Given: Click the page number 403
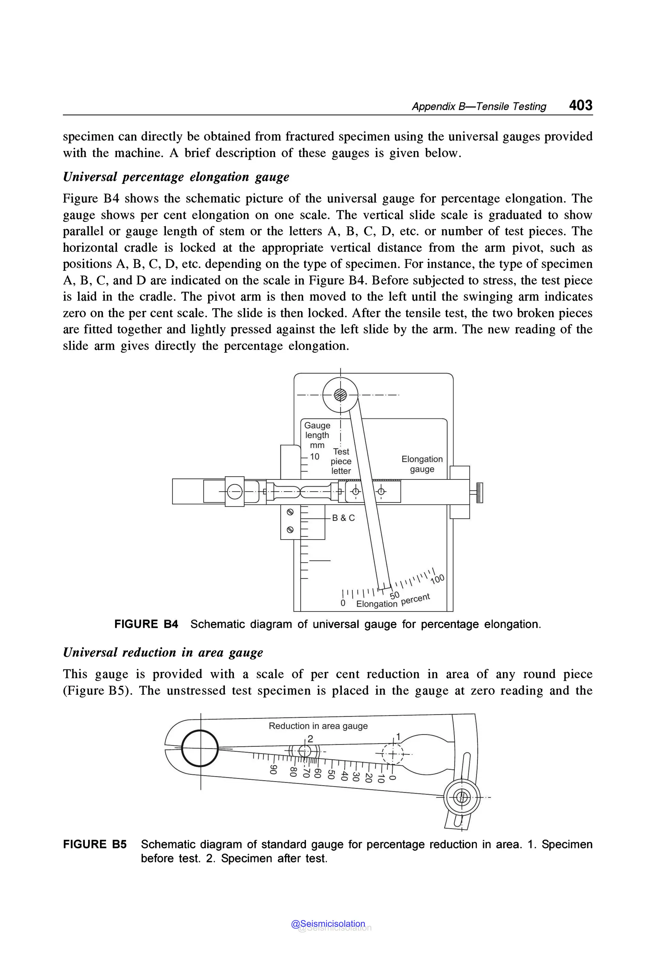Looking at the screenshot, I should (580, 105).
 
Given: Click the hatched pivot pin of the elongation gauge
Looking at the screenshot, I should (340, 394).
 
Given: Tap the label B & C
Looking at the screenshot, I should (343, 518).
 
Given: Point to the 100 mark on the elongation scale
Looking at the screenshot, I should (437, 579).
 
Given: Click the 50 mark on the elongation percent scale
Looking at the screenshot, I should (395, 595).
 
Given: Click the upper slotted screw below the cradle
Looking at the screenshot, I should (290, 512).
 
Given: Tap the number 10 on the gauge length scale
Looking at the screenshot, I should (315, 457).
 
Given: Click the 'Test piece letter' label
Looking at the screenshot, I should (341, 461).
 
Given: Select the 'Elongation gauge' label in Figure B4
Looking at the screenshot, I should (422, 464).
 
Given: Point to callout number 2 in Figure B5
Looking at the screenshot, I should (310, 739).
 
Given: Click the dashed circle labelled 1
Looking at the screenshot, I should (393, 755).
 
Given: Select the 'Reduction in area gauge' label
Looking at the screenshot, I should (318, 726).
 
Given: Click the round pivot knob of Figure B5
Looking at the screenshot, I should (462, 797).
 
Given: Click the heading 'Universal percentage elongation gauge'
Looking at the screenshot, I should (176, 177).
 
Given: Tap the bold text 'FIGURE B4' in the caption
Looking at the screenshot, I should (146, 624).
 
